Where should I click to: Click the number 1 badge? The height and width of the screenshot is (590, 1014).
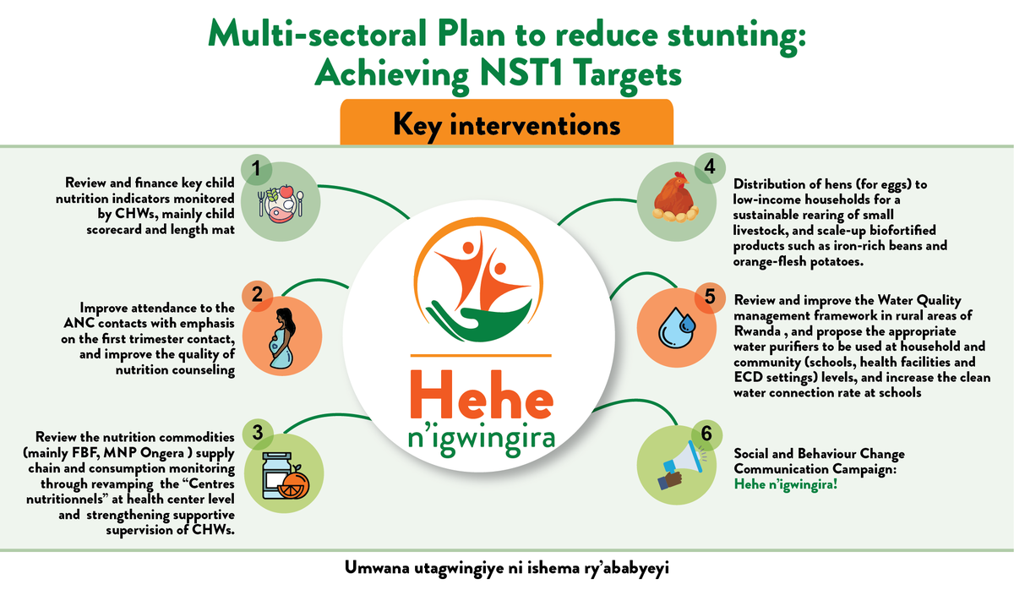(254, 169)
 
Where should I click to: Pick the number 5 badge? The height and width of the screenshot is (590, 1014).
(708, 297)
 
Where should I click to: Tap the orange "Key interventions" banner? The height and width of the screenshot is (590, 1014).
(506, 124)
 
